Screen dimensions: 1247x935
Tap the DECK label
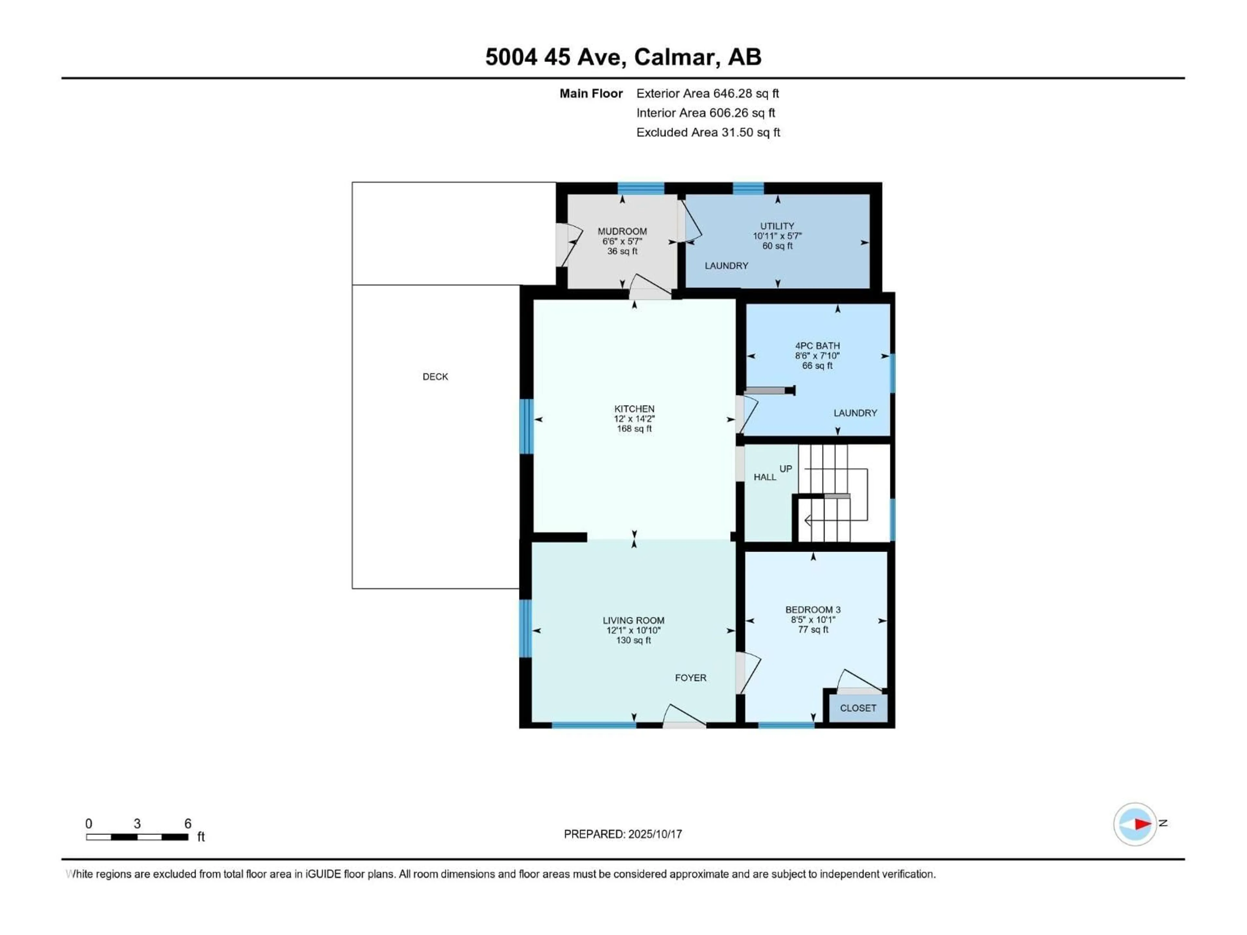(435, 377)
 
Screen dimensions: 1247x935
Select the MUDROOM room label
(623, 231)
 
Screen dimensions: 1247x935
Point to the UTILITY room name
(777, 226)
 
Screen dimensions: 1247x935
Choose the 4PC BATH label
(817, 345)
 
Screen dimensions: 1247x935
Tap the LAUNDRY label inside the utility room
(727, 266)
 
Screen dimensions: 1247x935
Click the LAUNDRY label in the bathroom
(855, 413)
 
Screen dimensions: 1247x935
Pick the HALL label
(765, 477)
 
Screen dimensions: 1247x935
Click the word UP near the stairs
(786, 468)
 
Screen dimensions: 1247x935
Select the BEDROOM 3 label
(813, 609)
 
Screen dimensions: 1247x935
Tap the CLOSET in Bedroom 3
(858, 708)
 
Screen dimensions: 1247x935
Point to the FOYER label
(691, 678)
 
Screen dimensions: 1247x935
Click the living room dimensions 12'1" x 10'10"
(634, 630)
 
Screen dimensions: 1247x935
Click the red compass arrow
(1143, 824)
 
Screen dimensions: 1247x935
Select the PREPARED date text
(623, 834)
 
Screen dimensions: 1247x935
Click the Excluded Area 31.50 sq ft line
(708, 132)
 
